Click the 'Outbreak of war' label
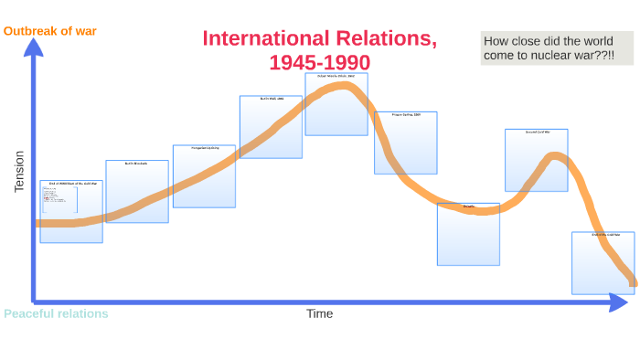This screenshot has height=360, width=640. point(49,31)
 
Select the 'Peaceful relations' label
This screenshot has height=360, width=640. point(56,314)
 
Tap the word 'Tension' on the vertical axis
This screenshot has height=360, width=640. point(20,171)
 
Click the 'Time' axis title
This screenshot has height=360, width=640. point(319,314)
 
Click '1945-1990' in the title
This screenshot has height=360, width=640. point(319,62)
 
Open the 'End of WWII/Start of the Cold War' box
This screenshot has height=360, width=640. point(71,211)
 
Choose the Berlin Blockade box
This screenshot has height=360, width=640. point(137,192)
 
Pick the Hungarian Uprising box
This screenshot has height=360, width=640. point(204,175)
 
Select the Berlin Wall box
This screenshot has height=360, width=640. point(271,127)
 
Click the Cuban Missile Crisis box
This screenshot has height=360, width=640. point(336,104)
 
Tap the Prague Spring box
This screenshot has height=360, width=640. point(405,143)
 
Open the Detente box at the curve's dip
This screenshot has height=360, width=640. point(468,234)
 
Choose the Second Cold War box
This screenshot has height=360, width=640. point(536,160)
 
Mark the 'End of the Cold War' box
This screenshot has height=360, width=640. point(603,263)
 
